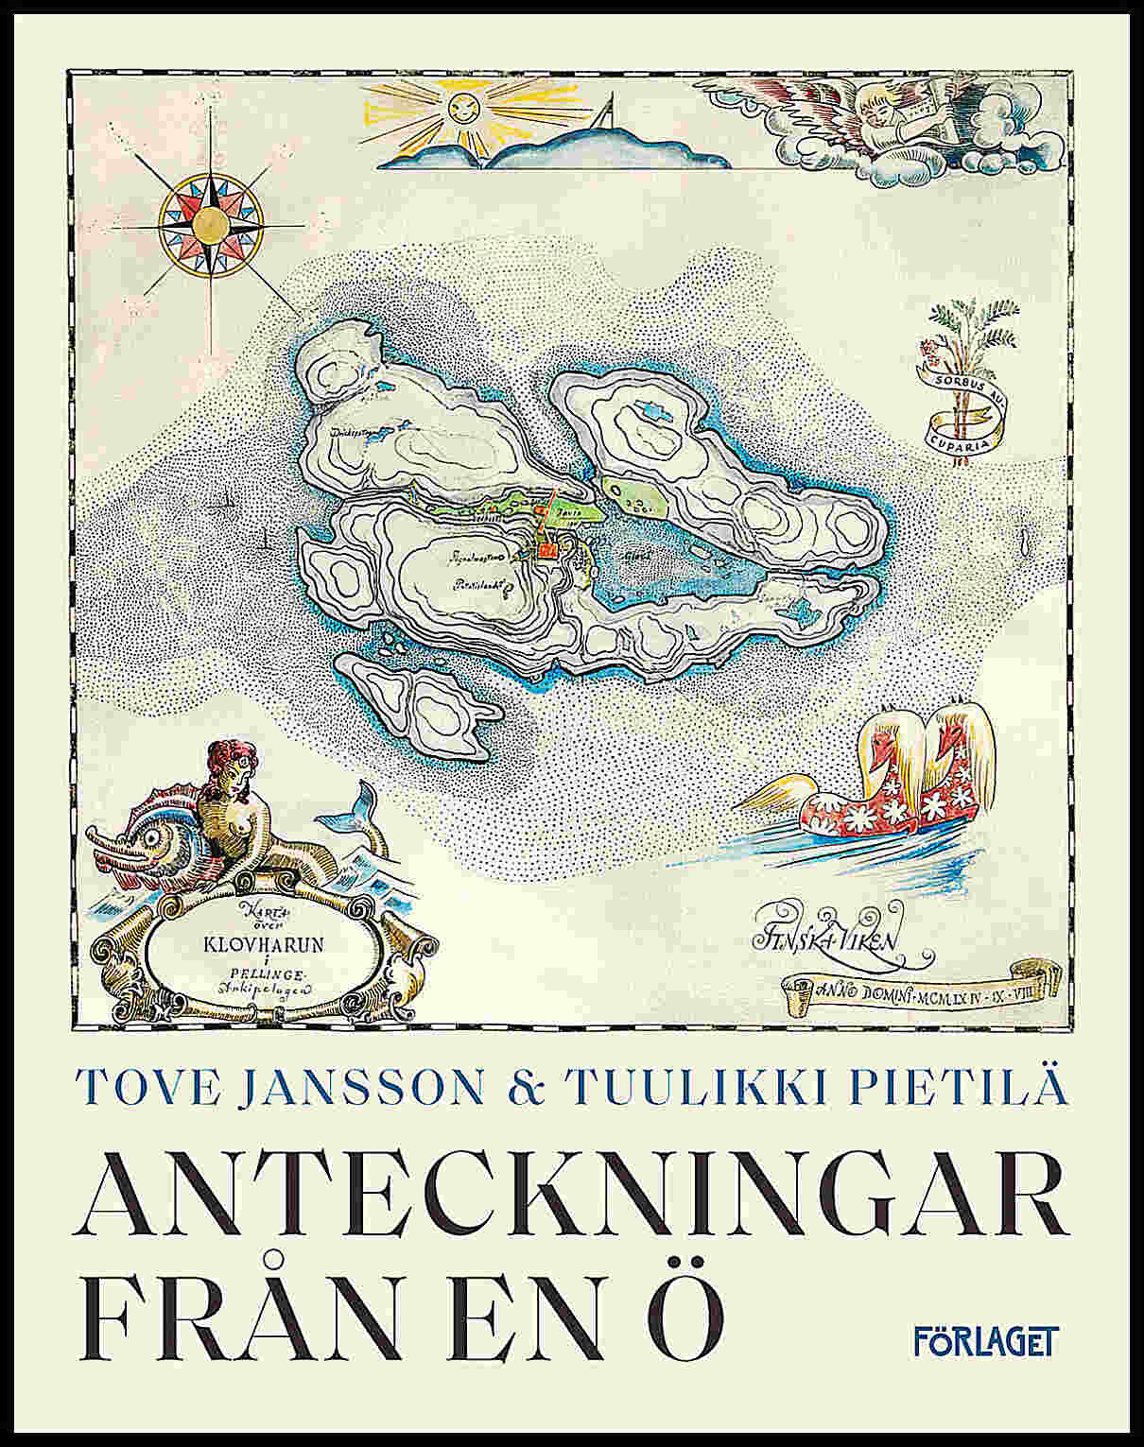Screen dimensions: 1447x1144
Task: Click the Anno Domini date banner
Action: pyautogui.click(x=911, y=989)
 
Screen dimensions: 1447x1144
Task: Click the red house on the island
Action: pyautogui.click(x=546, y=549)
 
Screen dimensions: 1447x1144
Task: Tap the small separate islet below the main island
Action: pyautogui.click(x=416, y=704)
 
